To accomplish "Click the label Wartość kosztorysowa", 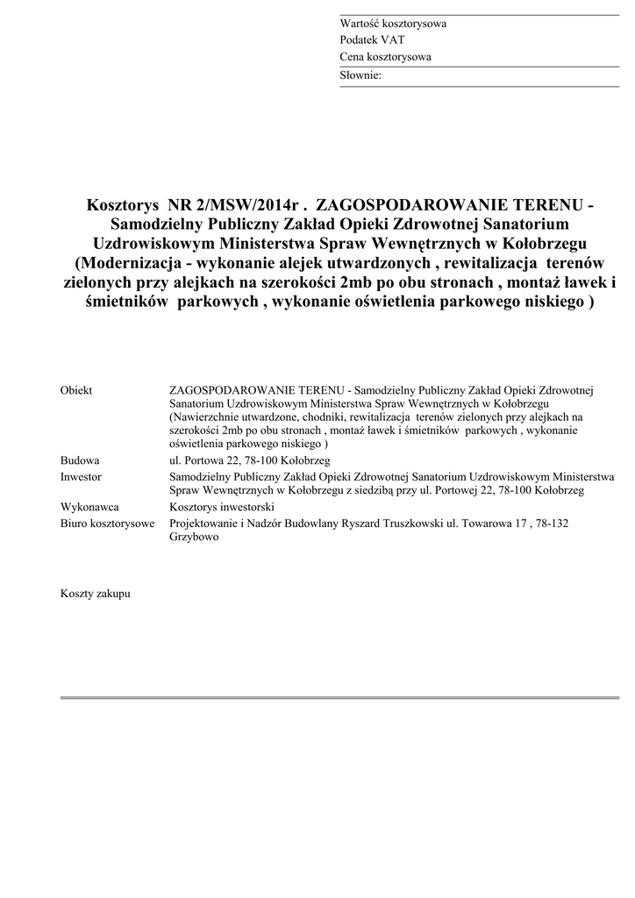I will [393, 24].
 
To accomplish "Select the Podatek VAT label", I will [372, 40].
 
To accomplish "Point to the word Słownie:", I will [360, 75].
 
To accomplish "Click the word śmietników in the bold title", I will [118, 302].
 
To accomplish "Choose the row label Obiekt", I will [76, 390].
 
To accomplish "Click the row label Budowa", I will [80, 460].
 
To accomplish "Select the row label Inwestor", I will [81, 477].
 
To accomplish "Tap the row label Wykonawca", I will [89, 507].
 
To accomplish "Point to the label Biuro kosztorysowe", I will [107, 524].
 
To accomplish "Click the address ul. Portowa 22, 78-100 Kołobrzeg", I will [250, 460].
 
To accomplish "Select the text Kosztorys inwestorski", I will [222, 507].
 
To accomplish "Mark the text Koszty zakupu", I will [96, 594].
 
